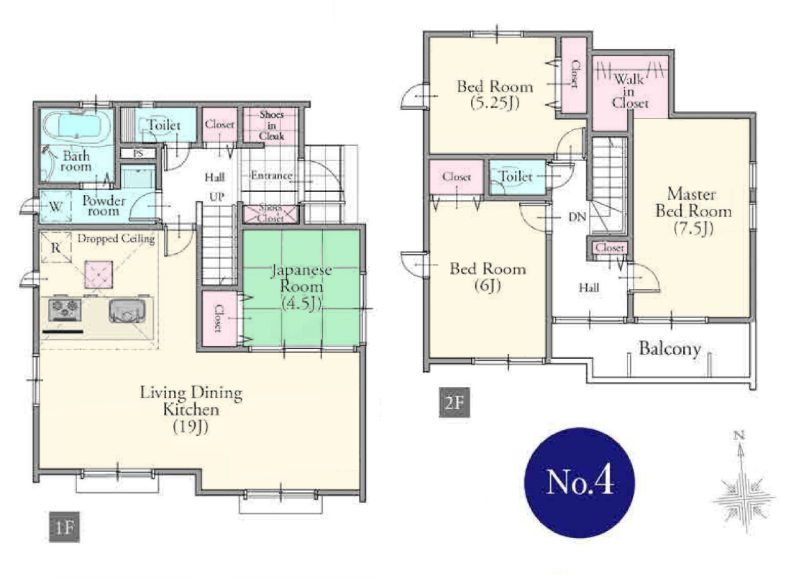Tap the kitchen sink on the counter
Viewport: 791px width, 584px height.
[127, 311]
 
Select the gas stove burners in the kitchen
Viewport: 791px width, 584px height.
[65, 309]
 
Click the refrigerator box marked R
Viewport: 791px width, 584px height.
[56, 247]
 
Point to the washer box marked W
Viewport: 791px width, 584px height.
[55, 206]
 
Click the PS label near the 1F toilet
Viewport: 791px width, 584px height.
[138, 153]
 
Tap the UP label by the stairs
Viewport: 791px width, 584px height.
[216, 197]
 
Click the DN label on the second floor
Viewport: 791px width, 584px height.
[577, 217]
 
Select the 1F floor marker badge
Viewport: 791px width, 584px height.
[64, 527]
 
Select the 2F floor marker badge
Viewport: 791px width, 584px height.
[454, 402]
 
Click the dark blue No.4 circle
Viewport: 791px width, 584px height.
[580, 483]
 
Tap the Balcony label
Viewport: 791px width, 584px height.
[669, 349]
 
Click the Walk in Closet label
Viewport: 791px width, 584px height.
[630, 91]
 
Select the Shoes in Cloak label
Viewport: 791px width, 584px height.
[272, 125]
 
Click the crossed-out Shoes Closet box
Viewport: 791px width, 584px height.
[271, 214]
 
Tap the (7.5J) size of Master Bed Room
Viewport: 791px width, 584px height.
[694, 229]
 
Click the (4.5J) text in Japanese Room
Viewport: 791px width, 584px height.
[301, 304]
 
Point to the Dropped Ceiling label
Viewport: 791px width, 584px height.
[116, 238]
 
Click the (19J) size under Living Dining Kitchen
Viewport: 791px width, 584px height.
[191, 427]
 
